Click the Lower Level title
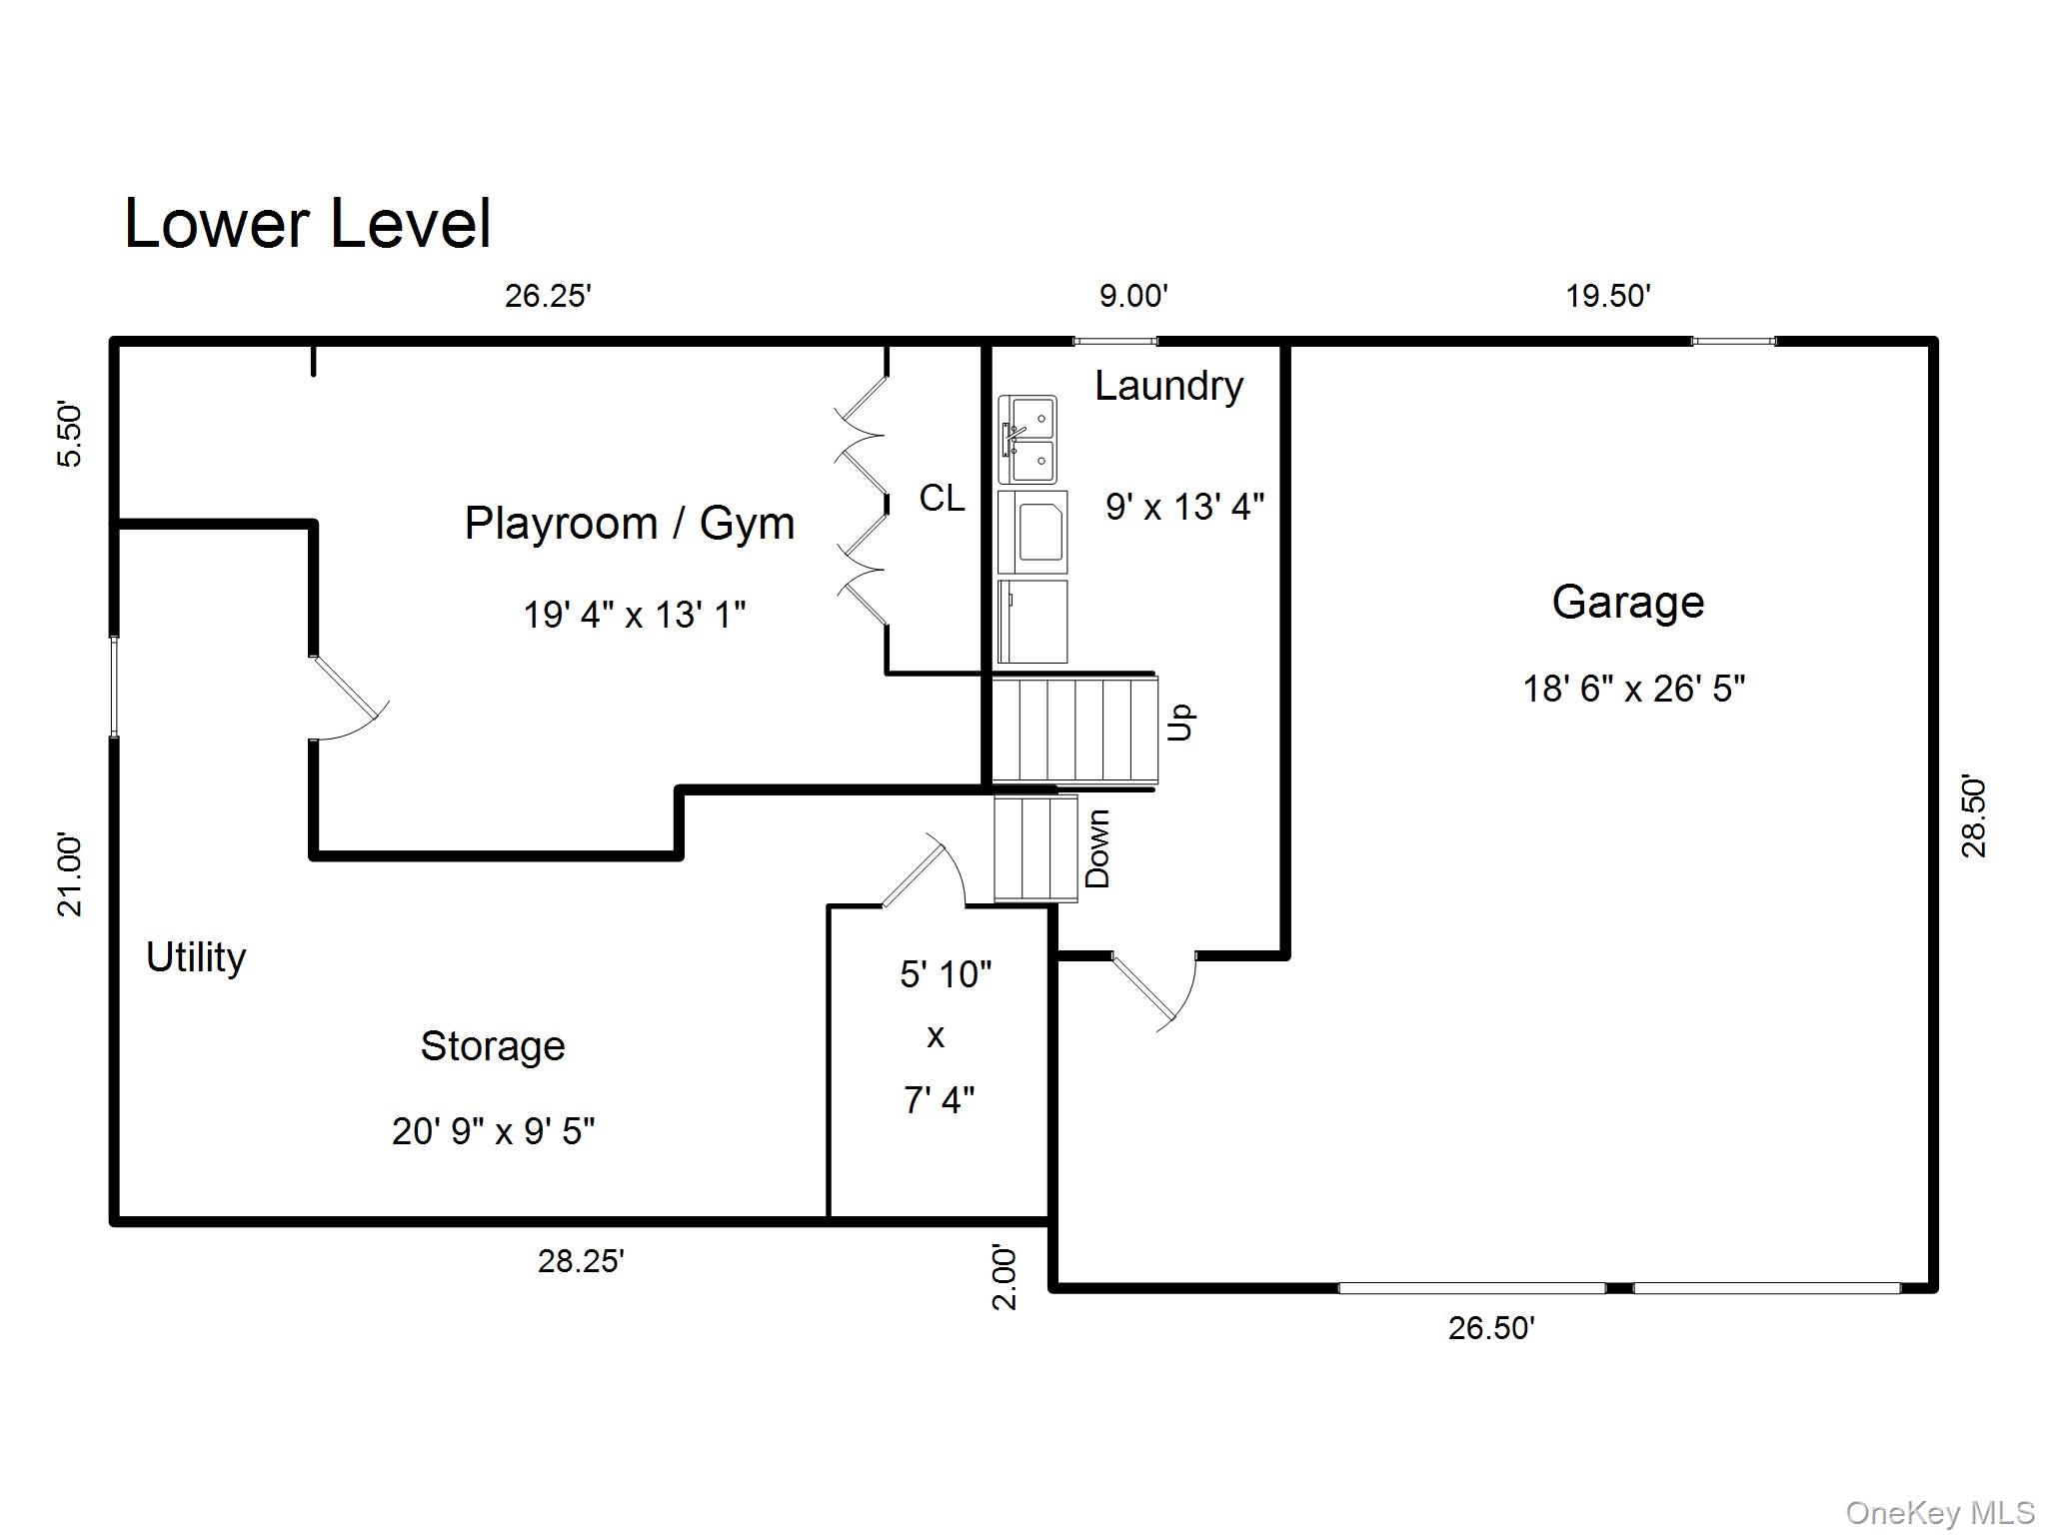tap(307, 224)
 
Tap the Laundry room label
tap(1167, 386)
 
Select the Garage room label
tap(1627, 602)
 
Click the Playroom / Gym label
tap(629, 524)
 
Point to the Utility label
tap(196, 957)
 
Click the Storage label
tap(493, 1046)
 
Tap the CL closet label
tap(942, 498)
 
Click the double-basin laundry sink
tap(1026, 440)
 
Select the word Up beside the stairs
tap(1180, 722)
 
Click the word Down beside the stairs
tap(1097, 848)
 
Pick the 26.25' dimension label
tap(548, 297)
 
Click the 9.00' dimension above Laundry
tap(1133, 297)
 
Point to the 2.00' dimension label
tap(1004, 1276)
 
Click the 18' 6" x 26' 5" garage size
tap(1633, 689)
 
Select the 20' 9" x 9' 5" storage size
tap(493, 1131)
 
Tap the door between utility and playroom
tap(346, 695)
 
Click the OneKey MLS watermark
tap(1939, 1513)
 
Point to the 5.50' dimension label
tap(69, 434)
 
